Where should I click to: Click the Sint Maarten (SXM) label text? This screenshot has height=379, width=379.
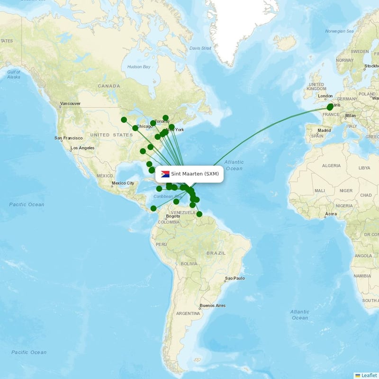point(195,174)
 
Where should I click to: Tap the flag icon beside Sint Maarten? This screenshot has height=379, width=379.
point(165,174)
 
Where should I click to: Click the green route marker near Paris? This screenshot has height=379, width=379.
point(330,107)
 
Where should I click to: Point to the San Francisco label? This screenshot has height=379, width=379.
point(69,138)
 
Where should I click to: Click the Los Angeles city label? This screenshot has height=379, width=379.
point(82,148)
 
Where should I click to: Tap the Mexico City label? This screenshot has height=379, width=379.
point(123,183)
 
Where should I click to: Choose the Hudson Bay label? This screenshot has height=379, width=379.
point(139,67)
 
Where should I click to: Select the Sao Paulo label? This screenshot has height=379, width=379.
point(235,278)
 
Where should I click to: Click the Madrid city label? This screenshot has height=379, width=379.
point(324,130)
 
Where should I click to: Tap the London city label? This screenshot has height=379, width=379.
point(325,96)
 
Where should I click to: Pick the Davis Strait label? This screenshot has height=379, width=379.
point(200,48)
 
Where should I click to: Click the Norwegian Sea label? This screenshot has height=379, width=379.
point(339,31)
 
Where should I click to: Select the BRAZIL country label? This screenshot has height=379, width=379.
point(216,253)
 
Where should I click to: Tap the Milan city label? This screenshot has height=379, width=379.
point(350,116)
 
